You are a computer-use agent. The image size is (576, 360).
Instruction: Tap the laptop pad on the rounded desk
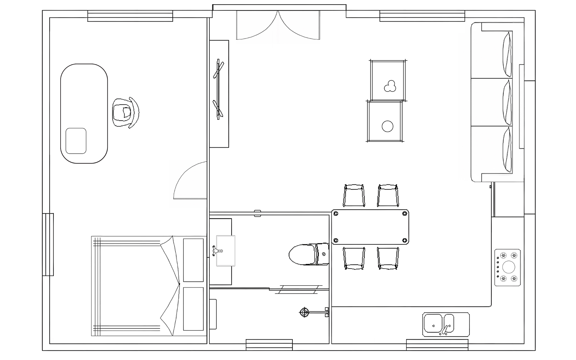(x=76, y=141)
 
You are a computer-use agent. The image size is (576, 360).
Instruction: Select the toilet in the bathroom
(x=307, y=254)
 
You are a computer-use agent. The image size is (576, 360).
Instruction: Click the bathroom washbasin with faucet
(x=225, y=251)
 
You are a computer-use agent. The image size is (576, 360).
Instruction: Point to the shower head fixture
(x=304, y=313)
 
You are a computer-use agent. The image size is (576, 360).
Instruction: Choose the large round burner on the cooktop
(x=508, y=267)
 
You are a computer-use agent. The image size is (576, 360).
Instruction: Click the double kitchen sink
(x=446, y=325)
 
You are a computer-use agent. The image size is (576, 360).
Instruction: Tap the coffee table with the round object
(x=385, y=121)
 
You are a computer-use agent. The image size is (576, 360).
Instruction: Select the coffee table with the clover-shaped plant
(x=388, y=80)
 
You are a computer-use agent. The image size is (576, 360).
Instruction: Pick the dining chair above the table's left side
(x=354, y=196)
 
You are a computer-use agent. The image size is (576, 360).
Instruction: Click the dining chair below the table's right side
(x=388, y=258)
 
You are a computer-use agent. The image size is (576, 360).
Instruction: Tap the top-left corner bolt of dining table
(x=336, y=214)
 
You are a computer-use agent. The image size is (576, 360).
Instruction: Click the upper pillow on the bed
(x=193, y=260)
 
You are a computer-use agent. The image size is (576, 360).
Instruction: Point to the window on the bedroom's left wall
(x=48, y=244)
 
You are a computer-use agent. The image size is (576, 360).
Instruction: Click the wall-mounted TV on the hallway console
(x=219, y=89)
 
